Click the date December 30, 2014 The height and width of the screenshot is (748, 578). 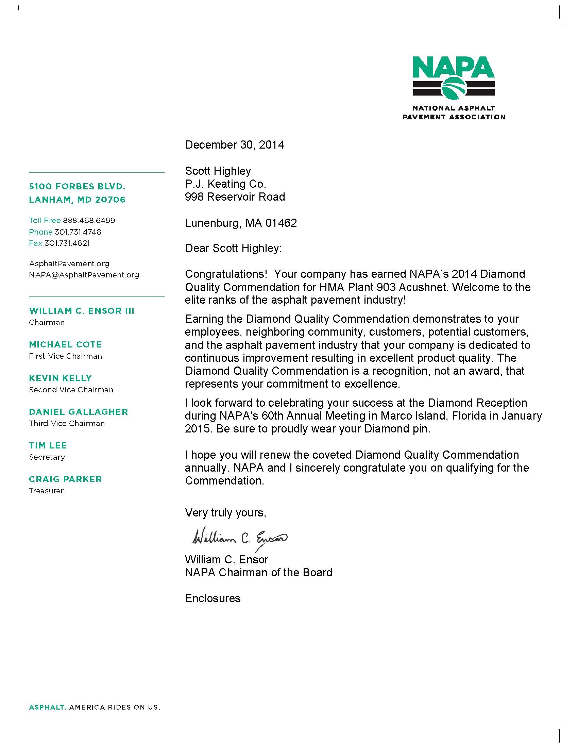pyautogui.click(x=235, y=145)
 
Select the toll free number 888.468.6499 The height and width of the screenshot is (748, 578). pyautogui.click(x=89, y=220)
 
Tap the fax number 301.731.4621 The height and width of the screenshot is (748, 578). pyautogui.click(x=67, y=243)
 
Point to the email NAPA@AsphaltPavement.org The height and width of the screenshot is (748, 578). pyautogui.click(x=84, y=275)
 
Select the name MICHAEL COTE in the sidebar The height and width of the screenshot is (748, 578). pyautogui.click(x=65, y=344)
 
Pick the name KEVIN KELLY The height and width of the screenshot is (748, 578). pyautogui.click(x=60, y=378)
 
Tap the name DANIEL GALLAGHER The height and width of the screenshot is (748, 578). pyautogui.click(x=79, y=412)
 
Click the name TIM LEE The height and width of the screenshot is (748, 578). pyautogui.click(x=48, y=446)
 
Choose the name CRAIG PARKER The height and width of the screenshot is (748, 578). pyautogui.click(x=65, y=479)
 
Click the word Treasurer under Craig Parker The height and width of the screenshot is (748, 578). pyautogui.click(x=46, y=491)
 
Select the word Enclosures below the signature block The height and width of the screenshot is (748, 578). pyautogui.click(x=213, y=598)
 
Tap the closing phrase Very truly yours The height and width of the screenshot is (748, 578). pyautogui.click(x=225, y=512)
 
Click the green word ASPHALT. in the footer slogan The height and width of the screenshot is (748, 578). pyautogui.click(x=47, y=707)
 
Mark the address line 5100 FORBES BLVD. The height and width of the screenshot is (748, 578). pyautogui.click(x=77, y=187)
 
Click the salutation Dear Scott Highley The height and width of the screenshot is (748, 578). pyautogui.click(x=233, y=248)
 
